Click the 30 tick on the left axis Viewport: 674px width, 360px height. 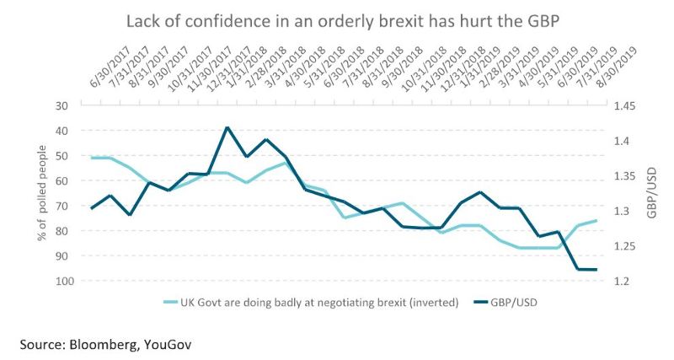coord(60,106)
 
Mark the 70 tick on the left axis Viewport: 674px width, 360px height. coord(60,206)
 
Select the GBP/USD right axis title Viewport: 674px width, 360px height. coord(653,193)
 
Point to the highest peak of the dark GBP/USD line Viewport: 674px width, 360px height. coord(227,127)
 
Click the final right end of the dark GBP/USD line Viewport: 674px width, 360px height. coord(596,270)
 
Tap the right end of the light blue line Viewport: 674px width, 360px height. coord(596,221)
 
